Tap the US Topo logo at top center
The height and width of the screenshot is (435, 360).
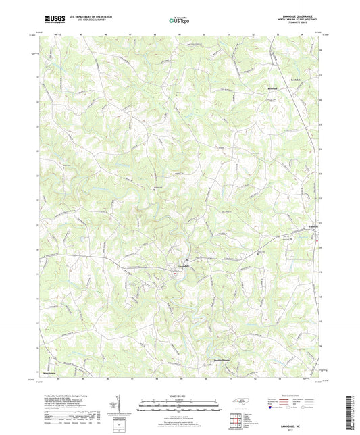(178, 20)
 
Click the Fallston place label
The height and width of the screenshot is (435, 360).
(315, 228)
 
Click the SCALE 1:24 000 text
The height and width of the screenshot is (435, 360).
(180, 396)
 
